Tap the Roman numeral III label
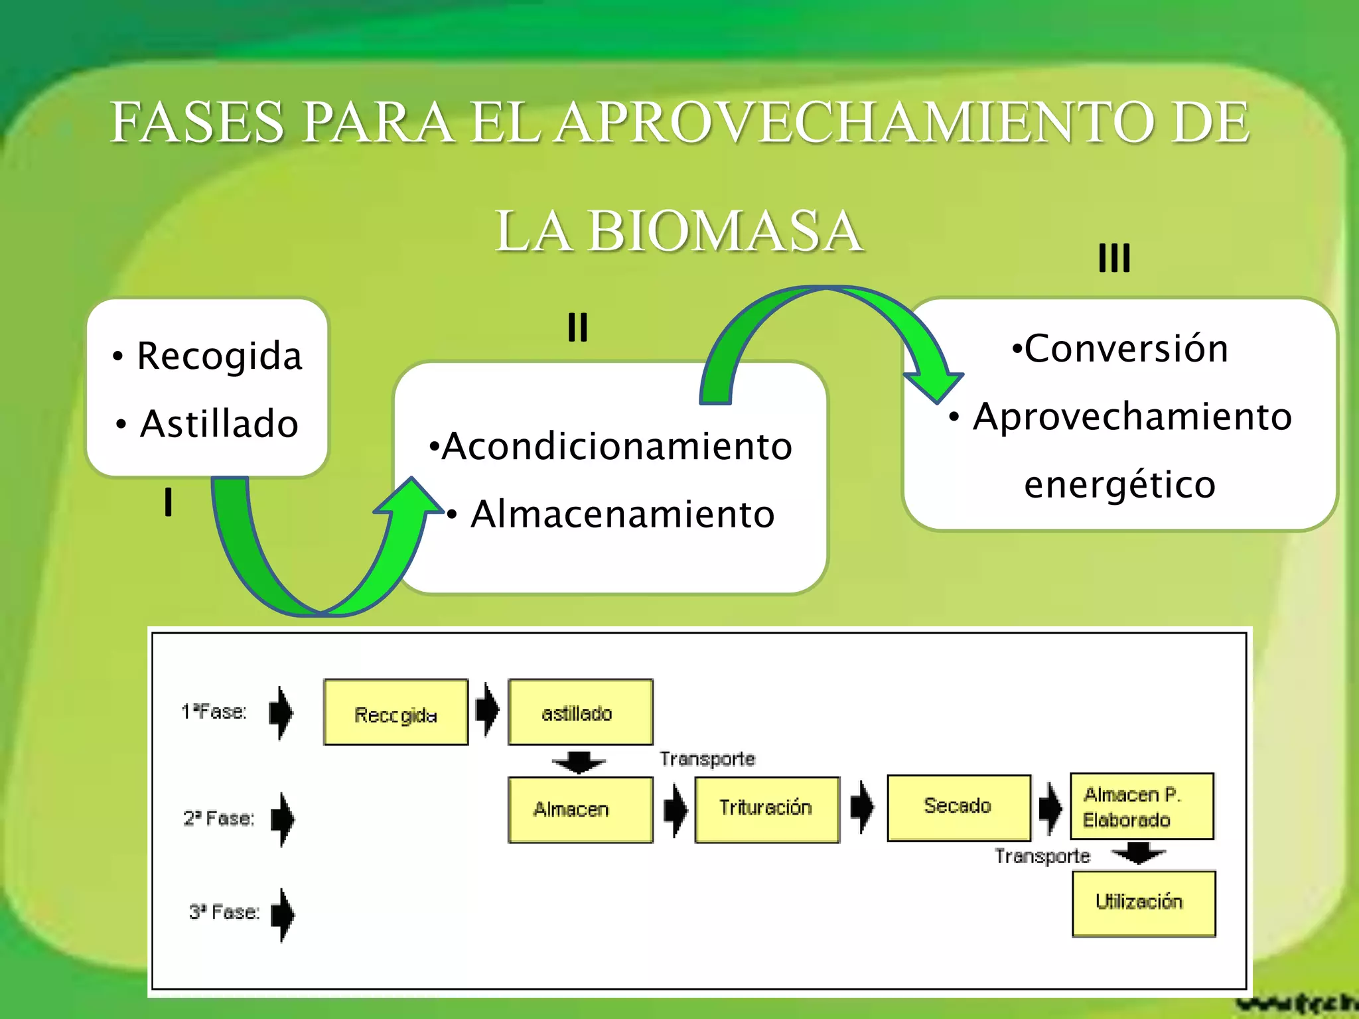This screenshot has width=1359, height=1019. pos(1114,258)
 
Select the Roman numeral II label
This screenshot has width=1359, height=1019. pos(577,327)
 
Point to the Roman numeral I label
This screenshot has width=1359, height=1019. pos(169,502)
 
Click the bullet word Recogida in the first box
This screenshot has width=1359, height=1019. pos(219,356)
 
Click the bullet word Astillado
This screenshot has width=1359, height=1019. pos(219,424)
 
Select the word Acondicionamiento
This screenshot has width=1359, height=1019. pos(617,446)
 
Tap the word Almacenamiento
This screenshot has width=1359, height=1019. pos(622,514)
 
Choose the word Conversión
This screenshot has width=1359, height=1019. pos(1126,349)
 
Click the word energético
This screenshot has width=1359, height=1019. pos(1119,484)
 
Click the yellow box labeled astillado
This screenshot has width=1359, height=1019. pos(580,713)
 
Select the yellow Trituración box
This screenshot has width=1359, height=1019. pos(766,809)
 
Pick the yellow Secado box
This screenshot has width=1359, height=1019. pos(958,807)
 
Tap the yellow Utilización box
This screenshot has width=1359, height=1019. pos(1143,903)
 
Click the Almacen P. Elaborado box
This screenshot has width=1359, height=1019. pos(1141,806)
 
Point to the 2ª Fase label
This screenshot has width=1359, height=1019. pos(219,818)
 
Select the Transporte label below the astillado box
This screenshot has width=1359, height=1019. pos(707,759)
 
